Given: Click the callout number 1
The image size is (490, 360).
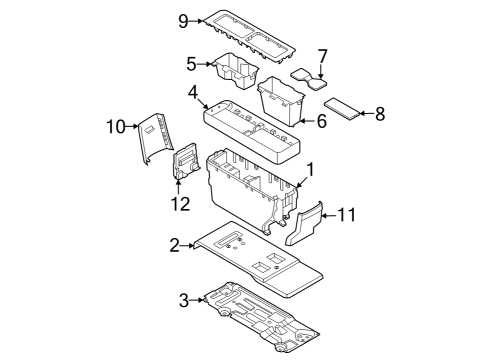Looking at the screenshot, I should click(x=310, y=171).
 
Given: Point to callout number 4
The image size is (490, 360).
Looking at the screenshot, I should click(x=191, y=94).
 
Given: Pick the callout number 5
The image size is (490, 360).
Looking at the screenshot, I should click(x=191, y=64).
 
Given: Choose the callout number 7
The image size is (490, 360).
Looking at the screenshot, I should click(x=322, y=56).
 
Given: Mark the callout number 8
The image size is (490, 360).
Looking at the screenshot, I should click(x=379, y=114).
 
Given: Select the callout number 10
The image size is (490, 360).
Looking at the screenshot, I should click(x=115, y=125).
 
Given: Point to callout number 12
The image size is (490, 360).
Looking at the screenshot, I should click(x=179, y=205).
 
